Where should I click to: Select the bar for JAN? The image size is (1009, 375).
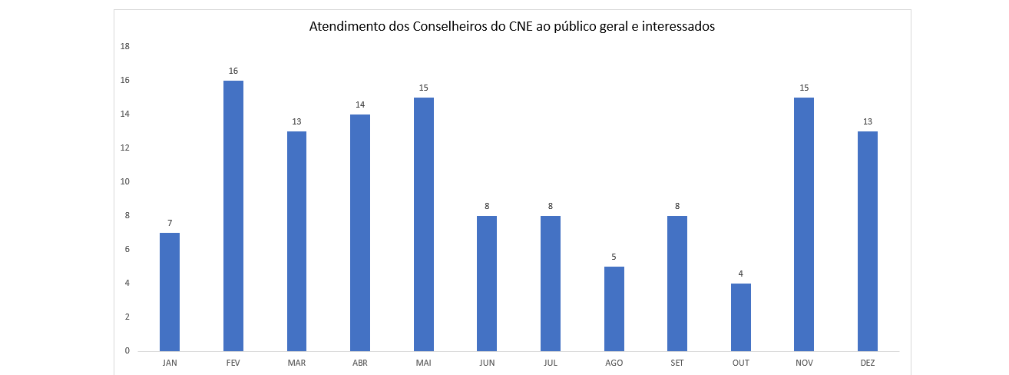click(170, 292)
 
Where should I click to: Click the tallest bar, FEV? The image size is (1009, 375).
click(233, 216)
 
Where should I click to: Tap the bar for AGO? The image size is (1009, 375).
click(614, 309)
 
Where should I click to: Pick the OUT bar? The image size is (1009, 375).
click(741, 317)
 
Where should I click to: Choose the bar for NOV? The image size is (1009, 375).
click(804, 224)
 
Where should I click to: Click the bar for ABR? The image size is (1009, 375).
click(360, 233)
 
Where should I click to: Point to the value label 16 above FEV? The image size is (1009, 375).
click(233, 71)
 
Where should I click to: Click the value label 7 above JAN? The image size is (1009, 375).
click(170, 223)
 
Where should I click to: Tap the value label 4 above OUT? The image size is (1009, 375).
click(741, 274)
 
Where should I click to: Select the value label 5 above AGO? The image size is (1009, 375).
click(614, 257)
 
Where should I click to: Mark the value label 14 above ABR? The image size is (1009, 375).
click(360, 105)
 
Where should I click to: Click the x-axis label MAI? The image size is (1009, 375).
click(424, 362)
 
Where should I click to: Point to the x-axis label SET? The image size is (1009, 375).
click(677, 362)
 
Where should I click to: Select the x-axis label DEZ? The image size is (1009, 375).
click(868, 362)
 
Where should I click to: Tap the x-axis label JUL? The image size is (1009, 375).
click(551, 362)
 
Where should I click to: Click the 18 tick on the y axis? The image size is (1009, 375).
click(125, 47)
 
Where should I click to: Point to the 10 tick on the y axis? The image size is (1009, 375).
click(125, 182)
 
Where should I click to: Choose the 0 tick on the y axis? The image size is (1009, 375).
click(127, 351)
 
